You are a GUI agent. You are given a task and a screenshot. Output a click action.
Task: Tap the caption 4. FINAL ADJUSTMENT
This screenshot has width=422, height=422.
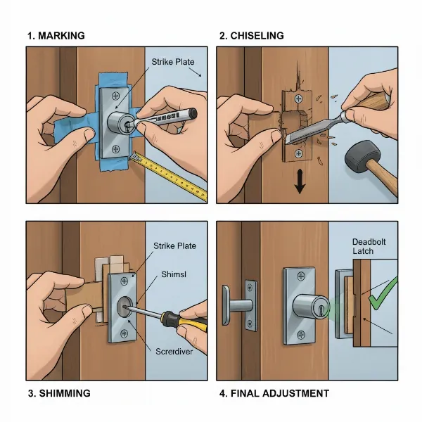(274, 392)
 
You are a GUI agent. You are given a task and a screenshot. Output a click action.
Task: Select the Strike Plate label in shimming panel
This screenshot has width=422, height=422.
(174, 245)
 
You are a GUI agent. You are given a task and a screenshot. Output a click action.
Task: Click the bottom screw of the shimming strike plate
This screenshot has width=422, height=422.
(124, 332)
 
